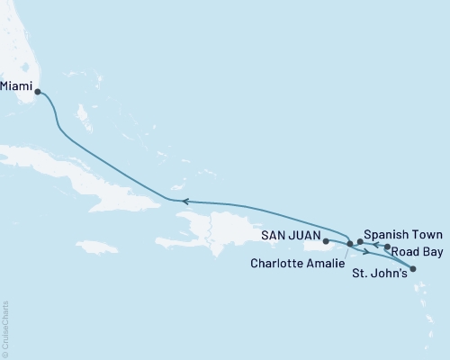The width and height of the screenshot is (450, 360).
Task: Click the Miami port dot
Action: point(37,91)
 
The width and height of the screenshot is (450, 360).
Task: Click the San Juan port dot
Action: point(326,241)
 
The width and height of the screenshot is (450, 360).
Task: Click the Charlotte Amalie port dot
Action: point(349,244)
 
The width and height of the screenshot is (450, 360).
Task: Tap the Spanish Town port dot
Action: point(360,241)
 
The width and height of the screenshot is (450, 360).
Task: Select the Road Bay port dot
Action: point(387,247)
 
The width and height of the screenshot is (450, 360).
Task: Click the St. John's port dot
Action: point(413,268)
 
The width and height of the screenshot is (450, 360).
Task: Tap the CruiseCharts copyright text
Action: point(5,328)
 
